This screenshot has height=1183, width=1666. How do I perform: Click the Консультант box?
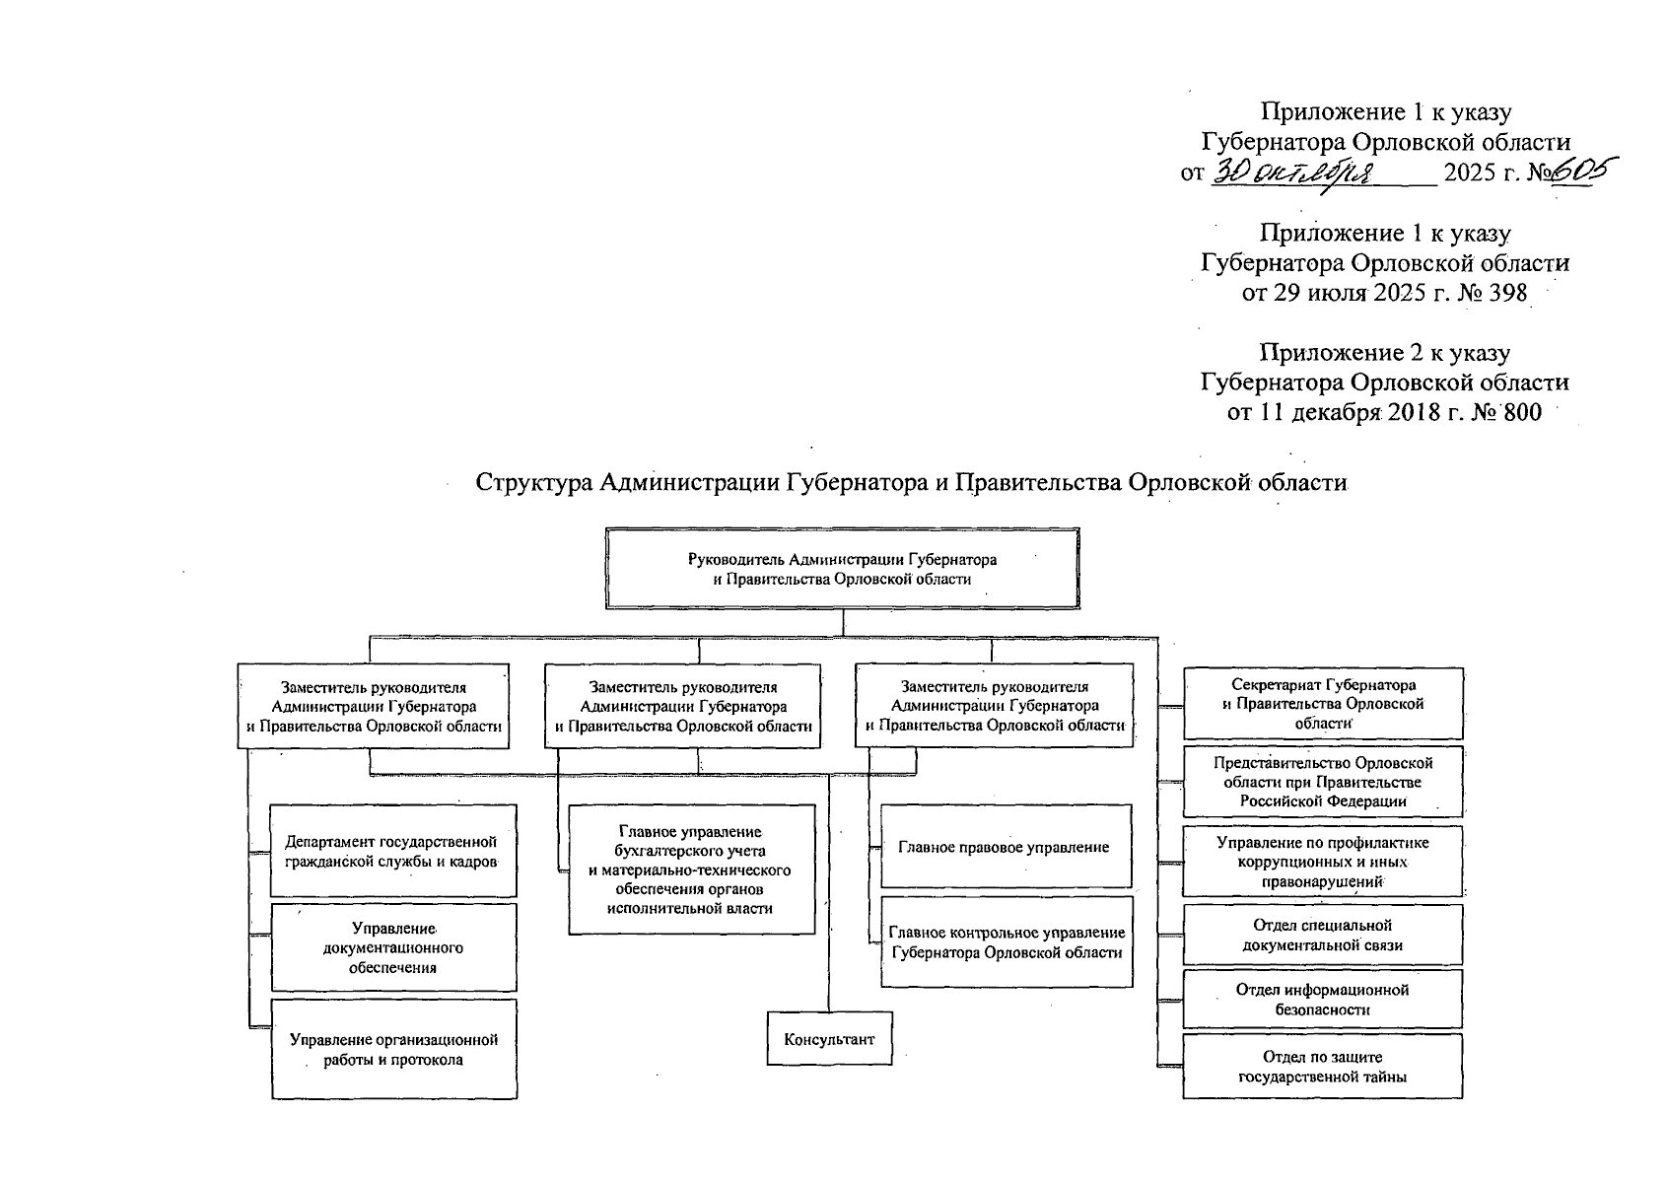[829, 1039]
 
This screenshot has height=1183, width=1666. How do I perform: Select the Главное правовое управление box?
[1005, 847]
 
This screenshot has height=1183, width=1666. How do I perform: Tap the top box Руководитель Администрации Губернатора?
[842, 569]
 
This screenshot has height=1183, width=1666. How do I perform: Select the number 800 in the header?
[1515, 412]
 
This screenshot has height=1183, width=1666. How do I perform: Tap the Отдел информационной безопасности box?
[1322, 999]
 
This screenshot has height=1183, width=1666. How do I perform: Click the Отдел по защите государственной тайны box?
[1322, 1067]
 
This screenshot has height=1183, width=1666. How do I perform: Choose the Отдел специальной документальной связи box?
[1322, 935]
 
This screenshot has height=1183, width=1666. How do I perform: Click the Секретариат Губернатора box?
[1323, 704]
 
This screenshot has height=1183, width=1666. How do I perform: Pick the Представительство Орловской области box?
[1323, 782]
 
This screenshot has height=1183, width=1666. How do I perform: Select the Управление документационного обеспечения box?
[393, 947]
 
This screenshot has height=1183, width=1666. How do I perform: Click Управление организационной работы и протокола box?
[393, 1050]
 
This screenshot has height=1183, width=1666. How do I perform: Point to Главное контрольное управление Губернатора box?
[1007, 942]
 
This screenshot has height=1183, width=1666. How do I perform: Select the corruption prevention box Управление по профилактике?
[1322, 862]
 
